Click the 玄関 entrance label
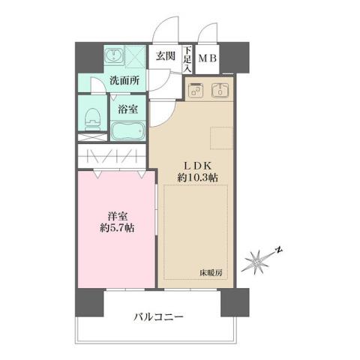point(165,55)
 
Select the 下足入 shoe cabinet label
point(187,57)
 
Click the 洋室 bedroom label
point(116,216)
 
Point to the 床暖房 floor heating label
point(211,273)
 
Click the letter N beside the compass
point(277,249)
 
